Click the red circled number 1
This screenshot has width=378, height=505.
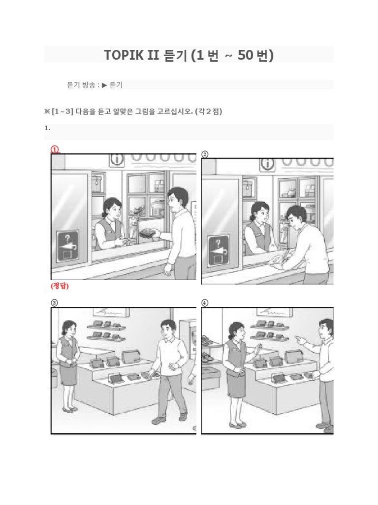55,149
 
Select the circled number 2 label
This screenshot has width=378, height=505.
205,154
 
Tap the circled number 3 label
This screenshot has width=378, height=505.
54,303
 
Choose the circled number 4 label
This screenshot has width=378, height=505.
205,303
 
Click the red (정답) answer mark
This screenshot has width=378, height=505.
60,286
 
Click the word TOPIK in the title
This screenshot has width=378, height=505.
124,55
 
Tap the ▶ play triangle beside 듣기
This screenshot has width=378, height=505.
104,85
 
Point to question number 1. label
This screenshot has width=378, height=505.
47,128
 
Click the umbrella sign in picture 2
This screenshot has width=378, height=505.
219,251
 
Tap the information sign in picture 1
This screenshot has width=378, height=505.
117,159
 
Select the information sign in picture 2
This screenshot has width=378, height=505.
267,164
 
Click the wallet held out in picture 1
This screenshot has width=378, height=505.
148,233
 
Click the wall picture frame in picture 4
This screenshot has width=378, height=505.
274,312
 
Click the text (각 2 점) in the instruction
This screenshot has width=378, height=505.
209,112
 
